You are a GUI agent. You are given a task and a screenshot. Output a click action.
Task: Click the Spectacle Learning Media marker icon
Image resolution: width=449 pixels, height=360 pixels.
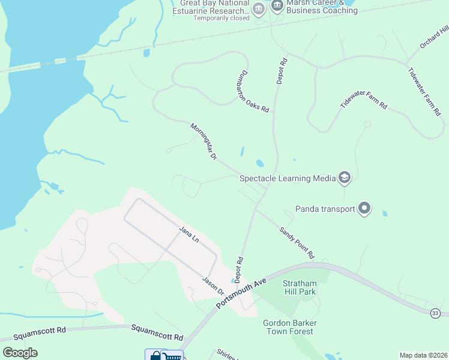pos(345,178)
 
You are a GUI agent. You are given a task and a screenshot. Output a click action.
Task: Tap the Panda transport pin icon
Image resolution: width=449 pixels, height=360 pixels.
pos(364,209)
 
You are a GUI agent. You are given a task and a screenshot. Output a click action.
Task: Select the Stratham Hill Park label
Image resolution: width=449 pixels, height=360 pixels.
pos(300,287)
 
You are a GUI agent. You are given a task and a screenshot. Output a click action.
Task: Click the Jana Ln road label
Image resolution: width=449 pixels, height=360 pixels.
pos(188,234)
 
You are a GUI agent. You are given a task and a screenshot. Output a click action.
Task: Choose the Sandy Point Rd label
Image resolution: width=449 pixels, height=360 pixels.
pos(297,242)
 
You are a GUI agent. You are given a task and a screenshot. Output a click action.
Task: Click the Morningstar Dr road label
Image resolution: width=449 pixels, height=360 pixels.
pos(203,142)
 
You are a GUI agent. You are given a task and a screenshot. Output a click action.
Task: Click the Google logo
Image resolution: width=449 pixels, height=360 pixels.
pos(20,352)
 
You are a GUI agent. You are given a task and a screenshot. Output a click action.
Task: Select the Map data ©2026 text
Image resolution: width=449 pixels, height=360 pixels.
pos(424,355)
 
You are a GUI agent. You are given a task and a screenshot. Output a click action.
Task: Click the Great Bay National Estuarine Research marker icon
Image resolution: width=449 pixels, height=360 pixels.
pos(259,8)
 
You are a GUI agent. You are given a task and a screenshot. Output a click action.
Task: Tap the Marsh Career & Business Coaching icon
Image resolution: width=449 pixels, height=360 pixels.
pos(277,7)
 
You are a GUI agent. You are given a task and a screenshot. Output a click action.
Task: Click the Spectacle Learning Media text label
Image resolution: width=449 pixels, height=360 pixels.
pos(288,178)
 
